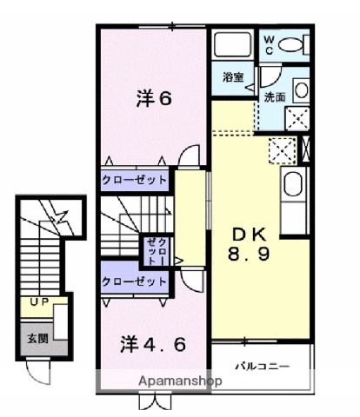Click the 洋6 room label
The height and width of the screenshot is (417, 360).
coord(153,98)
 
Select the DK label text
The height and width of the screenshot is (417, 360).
coord(248,234)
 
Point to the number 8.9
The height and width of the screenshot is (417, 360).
coord(248,256)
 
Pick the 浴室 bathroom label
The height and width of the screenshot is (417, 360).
coord(233,76)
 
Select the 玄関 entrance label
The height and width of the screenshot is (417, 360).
coord(36,338)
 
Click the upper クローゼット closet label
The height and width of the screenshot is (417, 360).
coord(135,180)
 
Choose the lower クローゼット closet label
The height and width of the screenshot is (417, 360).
coord(135,281)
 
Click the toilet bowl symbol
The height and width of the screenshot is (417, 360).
coord(293,43)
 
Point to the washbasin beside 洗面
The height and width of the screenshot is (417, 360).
coord(299,89)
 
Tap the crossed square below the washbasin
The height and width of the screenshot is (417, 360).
coord(297,118)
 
